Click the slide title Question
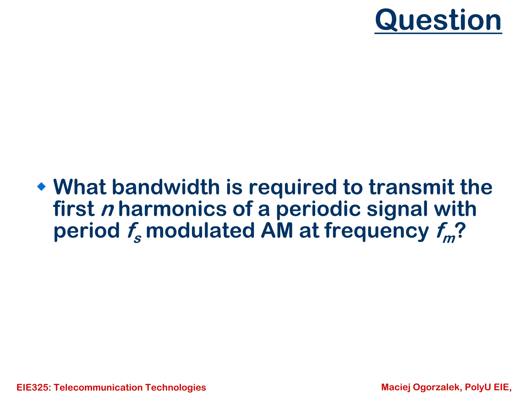coord(438,20)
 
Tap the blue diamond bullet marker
coord(41,186)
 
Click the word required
coord(293,188)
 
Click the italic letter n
coord(107,209)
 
